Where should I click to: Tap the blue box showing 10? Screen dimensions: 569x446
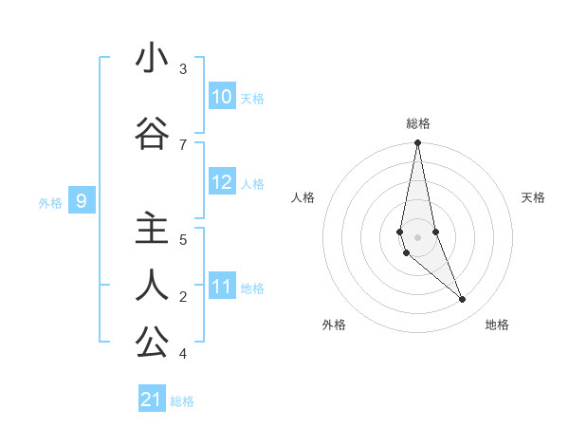click(x=222, y=97)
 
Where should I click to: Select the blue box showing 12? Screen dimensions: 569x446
click(x=222, y=182)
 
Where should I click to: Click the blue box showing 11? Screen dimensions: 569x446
click(x=222, y=287)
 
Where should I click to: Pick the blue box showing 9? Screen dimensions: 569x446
click(x=82, y=201)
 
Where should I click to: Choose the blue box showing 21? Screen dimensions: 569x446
click(x=152, y=400)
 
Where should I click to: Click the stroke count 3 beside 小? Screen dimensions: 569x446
click(x=183, y=69)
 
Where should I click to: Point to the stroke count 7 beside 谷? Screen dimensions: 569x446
click(x=183, y=145)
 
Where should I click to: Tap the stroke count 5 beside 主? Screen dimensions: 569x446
click(x=183, y=240)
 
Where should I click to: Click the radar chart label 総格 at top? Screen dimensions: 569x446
click(x=418, y=123)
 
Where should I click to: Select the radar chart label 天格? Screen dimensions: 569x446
click(x=533, y=197)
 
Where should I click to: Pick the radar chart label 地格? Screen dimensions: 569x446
click(x=497, y=325)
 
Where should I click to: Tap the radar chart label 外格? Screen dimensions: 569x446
click(x=334, y=325)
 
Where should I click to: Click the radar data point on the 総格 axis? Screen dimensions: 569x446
click(x=417, y=143)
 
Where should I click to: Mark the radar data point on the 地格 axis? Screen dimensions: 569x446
click(x=463, y=300)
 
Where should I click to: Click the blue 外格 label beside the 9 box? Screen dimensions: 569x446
click(x=49, y=202)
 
